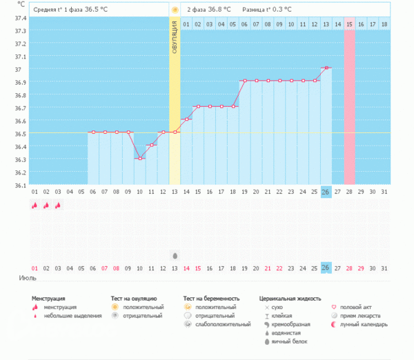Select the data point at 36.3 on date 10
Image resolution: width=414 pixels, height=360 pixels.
point(140,159)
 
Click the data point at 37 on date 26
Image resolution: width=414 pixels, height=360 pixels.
point(326,68)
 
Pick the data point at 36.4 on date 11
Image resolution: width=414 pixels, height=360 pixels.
point(152,146)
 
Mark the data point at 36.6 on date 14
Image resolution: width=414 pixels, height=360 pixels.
point(186,119)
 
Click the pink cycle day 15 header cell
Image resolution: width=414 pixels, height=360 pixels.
point(349,24)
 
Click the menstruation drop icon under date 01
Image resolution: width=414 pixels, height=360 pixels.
point(34,205)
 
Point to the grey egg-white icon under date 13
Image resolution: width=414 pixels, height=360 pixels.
point(175,255)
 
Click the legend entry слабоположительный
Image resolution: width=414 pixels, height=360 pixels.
point(222,323)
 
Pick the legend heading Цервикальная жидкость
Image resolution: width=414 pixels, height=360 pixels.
point(290,298)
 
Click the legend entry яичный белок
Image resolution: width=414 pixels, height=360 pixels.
point(289,341)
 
